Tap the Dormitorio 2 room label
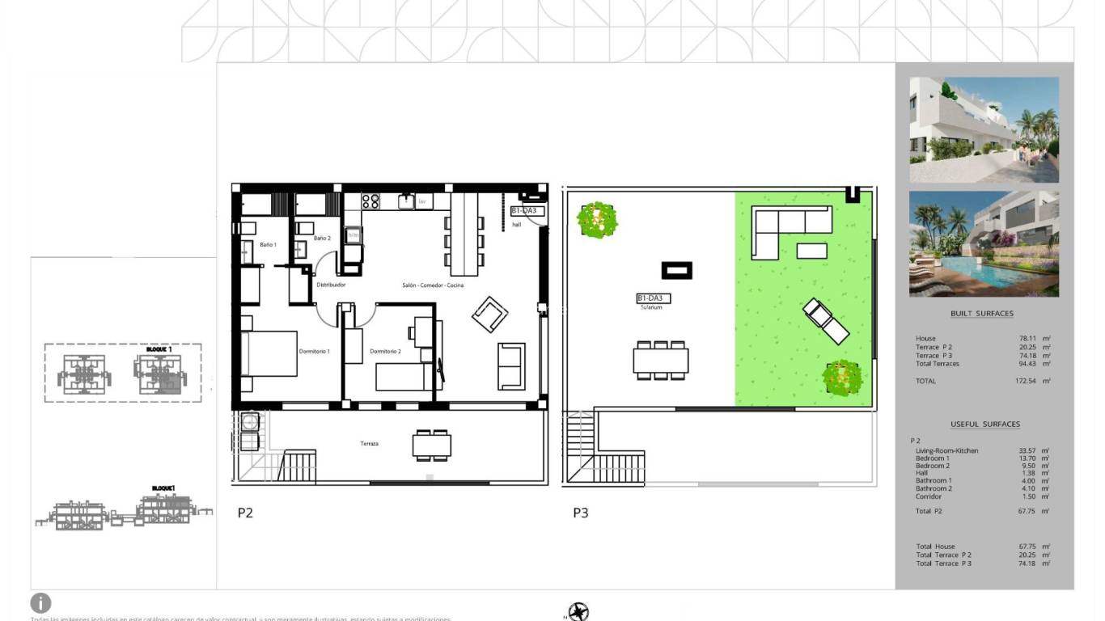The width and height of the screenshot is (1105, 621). pos(386,351)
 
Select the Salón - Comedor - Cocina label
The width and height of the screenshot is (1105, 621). pos(433,285)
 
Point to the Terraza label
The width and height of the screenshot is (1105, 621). pos(370,443)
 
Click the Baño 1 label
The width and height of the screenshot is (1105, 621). pos(268,244)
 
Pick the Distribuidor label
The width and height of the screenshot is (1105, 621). pos(331,285)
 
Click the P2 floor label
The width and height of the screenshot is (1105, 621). pos(245,512)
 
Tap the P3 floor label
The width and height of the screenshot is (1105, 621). pos(581,512)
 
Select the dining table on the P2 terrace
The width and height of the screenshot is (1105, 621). pos(432,445)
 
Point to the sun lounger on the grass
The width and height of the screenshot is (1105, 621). pos(826,321)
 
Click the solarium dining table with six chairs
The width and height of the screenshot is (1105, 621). pos(661,360)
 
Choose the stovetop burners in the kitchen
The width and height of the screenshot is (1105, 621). pos(370,201)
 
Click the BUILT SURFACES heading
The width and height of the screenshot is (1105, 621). pos(981,314)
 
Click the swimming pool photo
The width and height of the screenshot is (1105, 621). pos(984,243)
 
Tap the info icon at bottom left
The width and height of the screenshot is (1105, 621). pos(40,602)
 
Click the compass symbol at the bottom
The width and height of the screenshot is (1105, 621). pos(578,612)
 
